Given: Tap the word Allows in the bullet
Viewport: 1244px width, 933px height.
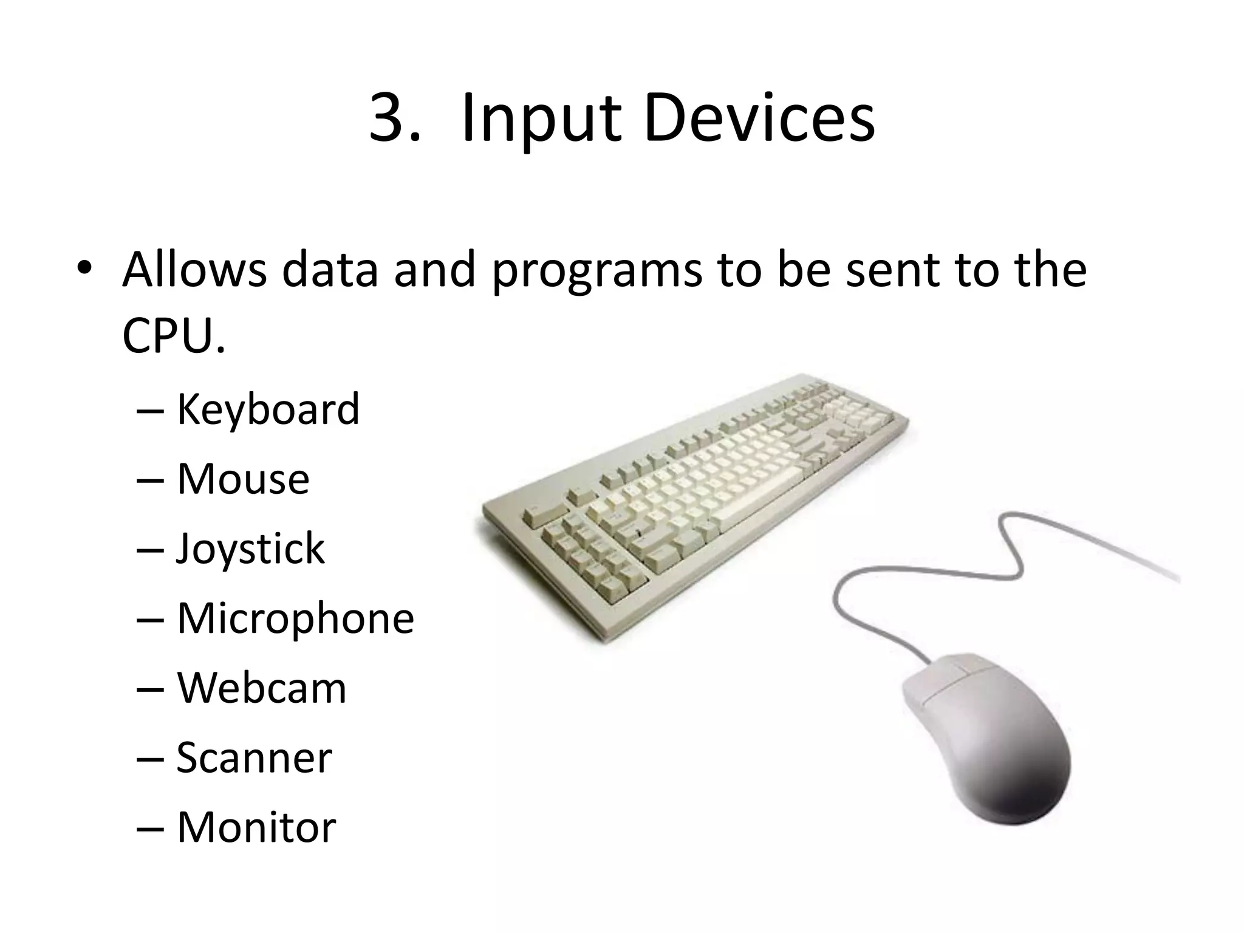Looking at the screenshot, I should coord(194,268).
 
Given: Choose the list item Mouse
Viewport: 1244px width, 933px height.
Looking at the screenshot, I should coord(243,479).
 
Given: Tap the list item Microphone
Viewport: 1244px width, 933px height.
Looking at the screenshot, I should coord(295,619).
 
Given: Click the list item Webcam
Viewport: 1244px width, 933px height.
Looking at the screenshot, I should coord(261,688).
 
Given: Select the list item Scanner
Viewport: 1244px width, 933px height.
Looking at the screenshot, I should coord(254,757).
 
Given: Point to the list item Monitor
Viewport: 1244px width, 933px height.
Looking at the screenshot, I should coord(256,827).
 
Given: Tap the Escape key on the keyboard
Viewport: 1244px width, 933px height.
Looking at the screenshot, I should coord(537,516).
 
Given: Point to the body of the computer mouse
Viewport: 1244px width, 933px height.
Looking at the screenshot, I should coord(1002,759).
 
